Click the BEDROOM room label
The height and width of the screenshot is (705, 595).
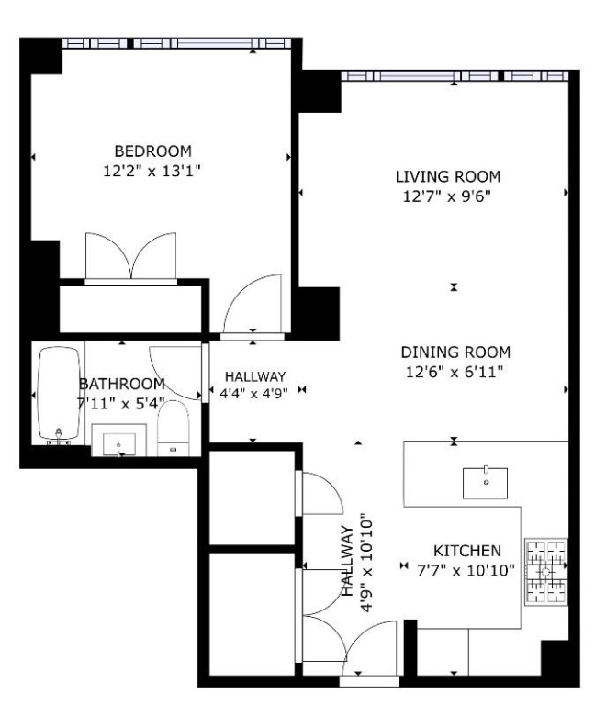[x=152, y=151]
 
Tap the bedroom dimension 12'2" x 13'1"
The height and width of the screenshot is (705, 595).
[x=152, y=169]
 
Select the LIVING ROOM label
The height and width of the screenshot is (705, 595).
[x=448, y=176]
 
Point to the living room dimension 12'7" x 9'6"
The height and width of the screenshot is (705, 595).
[x=448, y=195]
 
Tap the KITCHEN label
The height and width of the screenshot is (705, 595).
[x=466, y=551]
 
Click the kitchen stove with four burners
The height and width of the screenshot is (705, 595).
[x=544, y=571]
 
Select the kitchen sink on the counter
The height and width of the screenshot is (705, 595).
[x=485, y=480]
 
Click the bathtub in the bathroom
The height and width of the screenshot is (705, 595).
[x=61, y=396]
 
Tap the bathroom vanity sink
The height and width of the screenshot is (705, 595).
[x=120, y=442]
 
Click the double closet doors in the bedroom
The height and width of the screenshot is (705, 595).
[x=130, y=255]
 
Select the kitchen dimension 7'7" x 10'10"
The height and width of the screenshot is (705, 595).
[x=466, y=569]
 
